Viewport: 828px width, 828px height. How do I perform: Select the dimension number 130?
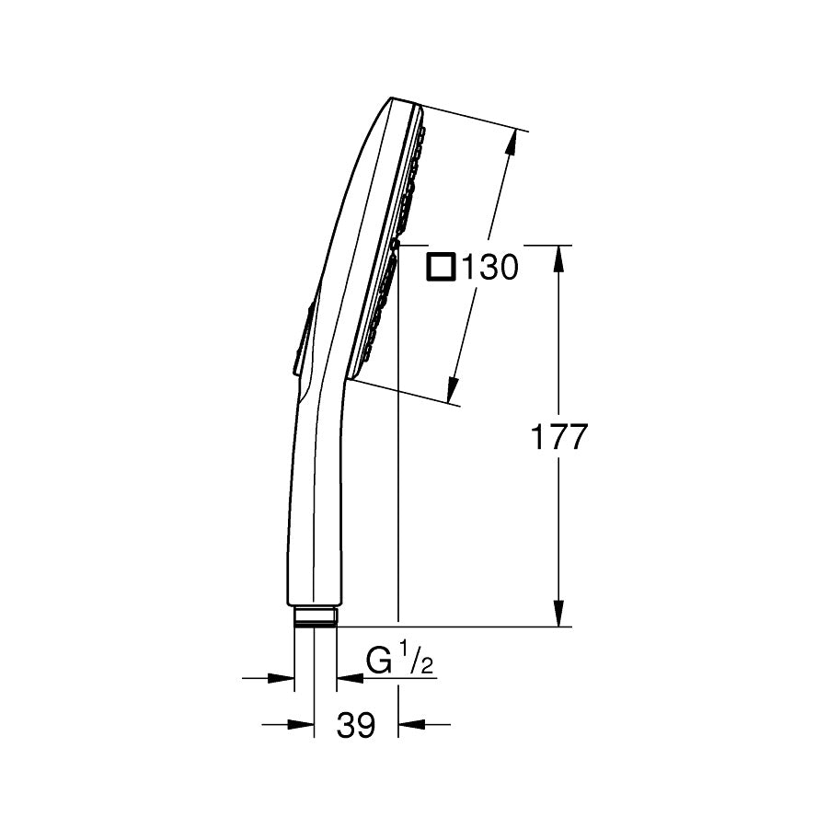489,268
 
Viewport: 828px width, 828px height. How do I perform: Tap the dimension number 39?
356,726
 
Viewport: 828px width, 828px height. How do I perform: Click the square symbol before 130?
442,267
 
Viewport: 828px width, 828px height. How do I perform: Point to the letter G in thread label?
378,661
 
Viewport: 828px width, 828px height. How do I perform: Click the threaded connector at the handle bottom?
316,616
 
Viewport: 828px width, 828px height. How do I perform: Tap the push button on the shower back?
304,340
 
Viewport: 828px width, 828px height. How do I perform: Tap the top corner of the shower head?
394,99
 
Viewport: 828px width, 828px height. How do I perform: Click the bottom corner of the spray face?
350,379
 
